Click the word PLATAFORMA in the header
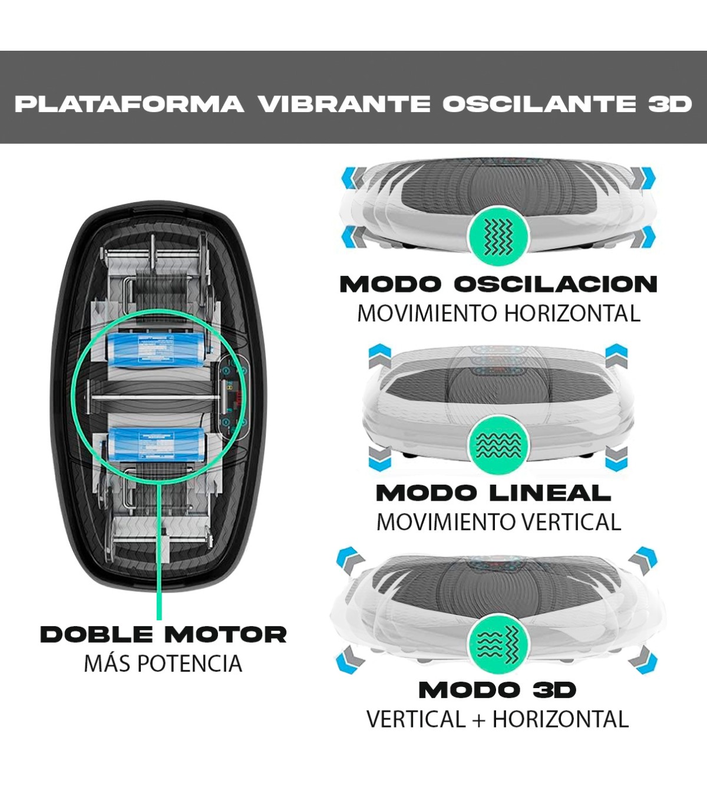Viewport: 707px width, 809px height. [129, 104]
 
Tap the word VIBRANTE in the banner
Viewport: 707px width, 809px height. [344, 104]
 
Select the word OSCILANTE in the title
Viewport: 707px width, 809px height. [538, 104]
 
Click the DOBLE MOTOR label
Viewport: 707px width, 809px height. [163, 634]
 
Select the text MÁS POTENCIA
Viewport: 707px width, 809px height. [163, 664]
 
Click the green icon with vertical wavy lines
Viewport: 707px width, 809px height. [498, 236]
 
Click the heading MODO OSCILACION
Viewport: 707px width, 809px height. [498, 284]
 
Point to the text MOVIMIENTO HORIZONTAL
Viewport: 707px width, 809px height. [498, 313]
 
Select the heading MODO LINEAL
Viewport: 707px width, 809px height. [494, 492]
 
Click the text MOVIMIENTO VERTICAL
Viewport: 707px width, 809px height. [498, 522]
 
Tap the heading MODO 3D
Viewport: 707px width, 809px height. [497, 689]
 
